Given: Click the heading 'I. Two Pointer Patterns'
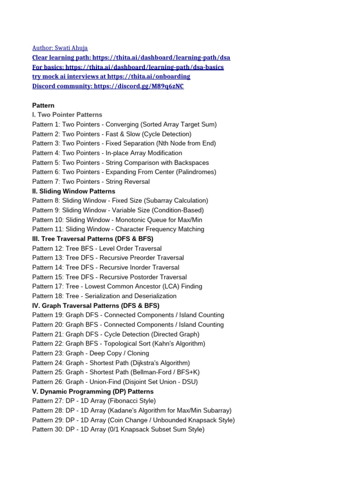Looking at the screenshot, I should click(x=67, y=115).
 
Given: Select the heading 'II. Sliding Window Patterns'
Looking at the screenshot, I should click(x=74, y=191).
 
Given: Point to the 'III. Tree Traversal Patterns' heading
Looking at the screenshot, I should click(x=93, y=239).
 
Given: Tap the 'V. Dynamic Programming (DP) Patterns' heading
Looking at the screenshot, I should click(x=93, y=391).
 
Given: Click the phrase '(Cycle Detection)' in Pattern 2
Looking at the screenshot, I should click(x=167, y=134).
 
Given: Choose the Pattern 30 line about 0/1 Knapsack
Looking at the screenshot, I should click(x=118, y=429).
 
